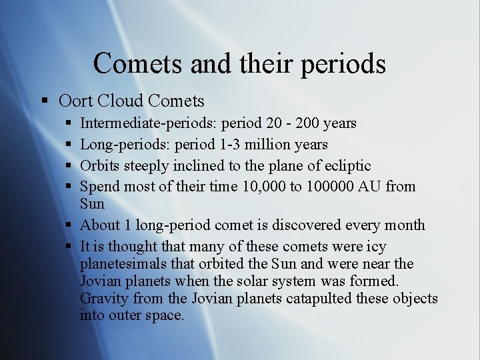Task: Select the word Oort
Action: point(75,101)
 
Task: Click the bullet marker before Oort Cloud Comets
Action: point(45,101)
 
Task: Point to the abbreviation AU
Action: point(369,187)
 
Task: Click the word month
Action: point(403,225)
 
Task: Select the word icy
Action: point(375,247)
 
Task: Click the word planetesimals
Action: point(121,264)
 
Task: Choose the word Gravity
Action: point(104,299)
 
